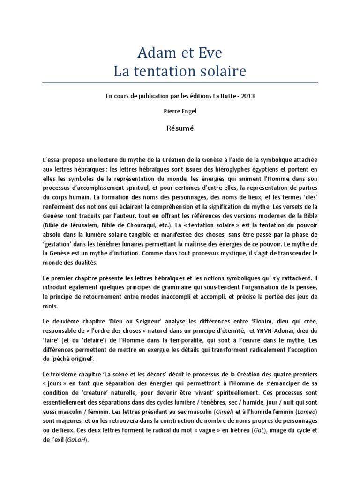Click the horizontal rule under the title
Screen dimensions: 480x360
[180, 83]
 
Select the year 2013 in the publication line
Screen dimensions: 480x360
[247, 96]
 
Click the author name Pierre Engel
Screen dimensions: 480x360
[180, 111]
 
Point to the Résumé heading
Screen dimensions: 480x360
[180, 127]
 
